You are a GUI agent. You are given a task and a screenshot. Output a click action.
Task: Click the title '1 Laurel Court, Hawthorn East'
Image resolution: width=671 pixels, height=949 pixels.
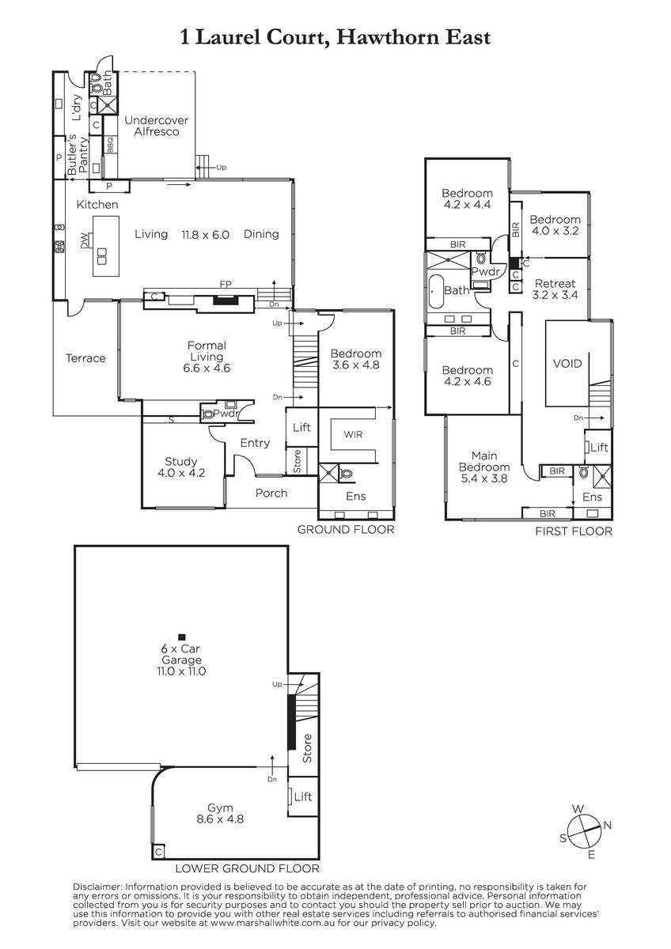(x=335, y=38)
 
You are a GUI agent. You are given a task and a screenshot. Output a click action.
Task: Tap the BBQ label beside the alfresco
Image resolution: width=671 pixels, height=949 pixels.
(x=110, y=145)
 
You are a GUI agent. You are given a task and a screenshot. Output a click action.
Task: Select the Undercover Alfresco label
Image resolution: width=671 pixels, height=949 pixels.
(x=157, y=126)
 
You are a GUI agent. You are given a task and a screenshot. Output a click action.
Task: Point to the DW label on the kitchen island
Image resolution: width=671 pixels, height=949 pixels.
(x=85, y=241)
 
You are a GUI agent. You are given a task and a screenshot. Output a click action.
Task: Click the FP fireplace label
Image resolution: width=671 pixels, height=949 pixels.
(x=226, y=284)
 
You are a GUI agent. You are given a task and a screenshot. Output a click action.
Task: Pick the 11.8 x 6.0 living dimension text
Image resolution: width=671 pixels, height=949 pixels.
(x=206, y=235)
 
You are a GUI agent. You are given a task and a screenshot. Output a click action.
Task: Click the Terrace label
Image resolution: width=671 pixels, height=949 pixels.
(x=85, y=358)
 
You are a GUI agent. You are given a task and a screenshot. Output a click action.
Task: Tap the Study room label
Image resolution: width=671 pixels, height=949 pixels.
(x=181, y=461)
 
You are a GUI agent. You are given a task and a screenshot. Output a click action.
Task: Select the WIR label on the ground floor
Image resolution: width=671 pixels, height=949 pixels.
(x=353, y=434)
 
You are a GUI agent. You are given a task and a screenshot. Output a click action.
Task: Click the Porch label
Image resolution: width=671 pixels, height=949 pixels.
(x=271, y=493)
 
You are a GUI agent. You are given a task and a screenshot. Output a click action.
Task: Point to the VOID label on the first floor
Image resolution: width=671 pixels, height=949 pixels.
(x=567, y=364)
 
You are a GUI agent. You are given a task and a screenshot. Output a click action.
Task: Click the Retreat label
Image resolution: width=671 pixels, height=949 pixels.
(x=555, y=283)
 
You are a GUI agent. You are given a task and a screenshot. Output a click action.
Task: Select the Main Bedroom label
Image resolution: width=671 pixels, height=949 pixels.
(x=484, y=461)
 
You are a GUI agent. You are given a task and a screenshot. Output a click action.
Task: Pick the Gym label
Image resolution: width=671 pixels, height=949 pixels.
(x=220, y=808)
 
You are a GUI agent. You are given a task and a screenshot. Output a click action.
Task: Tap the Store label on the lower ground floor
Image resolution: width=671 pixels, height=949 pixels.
(x=307, y=749)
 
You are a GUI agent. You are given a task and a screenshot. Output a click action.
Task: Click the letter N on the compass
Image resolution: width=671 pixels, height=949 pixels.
(x=608, y=825)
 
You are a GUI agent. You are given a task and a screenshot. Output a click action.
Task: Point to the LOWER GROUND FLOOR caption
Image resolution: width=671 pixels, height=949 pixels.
(x=247, y=868)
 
